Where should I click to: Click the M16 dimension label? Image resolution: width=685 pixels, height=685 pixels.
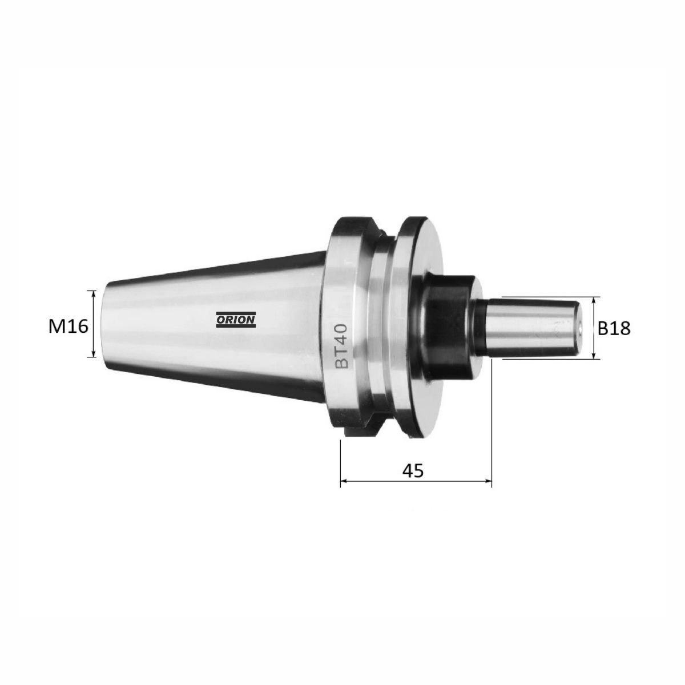click(x=68, y=326)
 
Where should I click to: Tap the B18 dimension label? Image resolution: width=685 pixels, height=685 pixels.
click(x=614, y=328)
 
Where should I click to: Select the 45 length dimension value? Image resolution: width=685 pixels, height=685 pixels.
click(x=413, y=470)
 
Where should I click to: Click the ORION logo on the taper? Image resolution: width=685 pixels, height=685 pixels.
click(x=236, y=320)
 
